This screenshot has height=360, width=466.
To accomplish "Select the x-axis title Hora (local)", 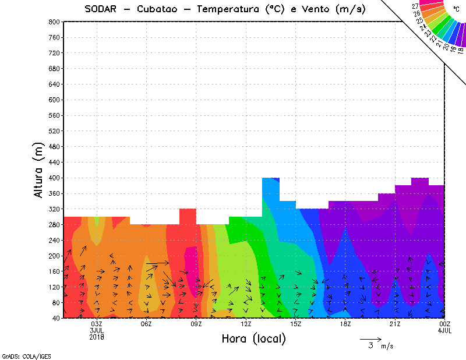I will click(x=253, y=339).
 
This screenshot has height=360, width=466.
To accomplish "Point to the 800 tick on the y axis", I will click(x=54, y=22).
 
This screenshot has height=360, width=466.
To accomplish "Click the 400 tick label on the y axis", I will click(x=54, y=178).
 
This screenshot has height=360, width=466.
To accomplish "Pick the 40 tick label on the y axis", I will click(x=56, y=318).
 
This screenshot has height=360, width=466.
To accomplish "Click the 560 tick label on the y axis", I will click(x=54, y=115).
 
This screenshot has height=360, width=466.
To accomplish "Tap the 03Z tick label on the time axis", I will click(x=97, y=324).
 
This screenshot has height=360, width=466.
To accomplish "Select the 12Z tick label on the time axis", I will click(x=246, y=324).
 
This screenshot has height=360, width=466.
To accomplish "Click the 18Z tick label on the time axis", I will click(x=345, y=324).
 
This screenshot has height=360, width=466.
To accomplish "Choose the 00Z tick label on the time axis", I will click(x=445, y=324).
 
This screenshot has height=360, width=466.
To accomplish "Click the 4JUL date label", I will click(x=445, y=330).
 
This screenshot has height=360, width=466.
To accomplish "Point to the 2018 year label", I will click(x=97, y=337).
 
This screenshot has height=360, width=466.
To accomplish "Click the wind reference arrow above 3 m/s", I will click(x=370, y=338).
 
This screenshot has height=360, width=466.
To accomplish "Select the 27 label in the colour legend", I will click(x=415, y=6).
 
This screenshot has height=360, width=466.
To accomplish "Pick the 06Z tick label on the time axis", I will click(x=146, y=324).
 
